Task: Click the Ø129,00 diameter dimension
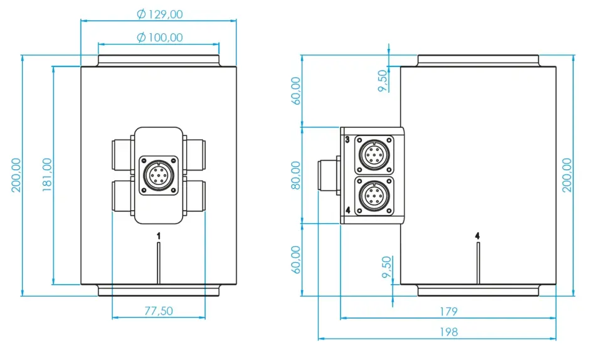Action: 159,14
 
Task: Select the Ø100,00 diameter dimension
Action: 159,38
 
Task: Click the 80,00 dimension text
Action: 296,175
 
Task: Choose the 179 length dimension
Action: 448,311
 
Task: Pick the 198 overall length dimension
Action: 448,332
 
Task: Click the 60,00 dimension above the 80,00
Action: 296,91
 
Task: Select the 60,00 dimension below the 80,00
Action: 296,259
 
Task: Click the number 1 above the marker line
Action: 159,235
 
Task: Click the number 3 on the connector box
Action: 347,139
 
